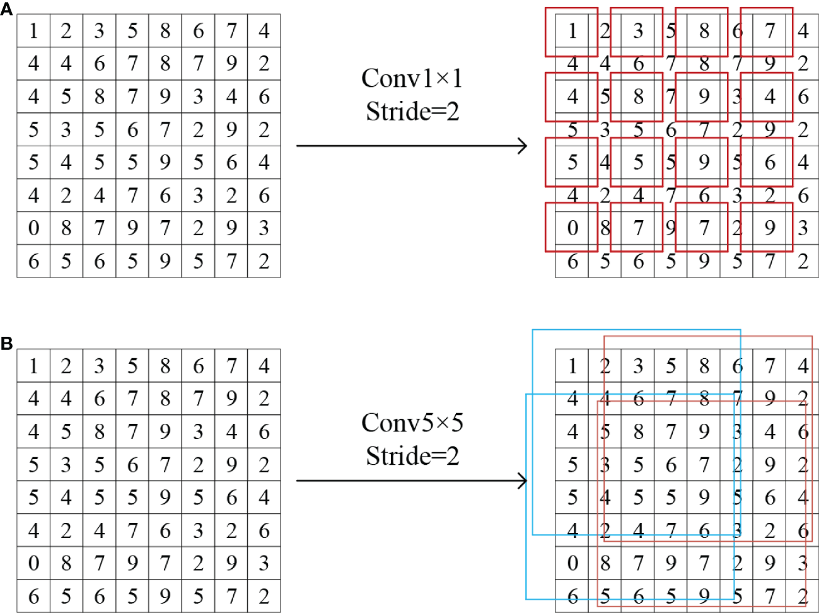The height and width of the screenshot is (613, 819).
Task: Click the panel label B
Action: pyautogui.click(x=6, y=344)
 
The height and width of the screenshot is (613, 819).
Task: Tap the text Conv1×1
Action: pyautogui.click(x=412, y=79)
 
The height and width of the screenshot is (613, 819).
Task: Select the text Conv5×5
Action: pyautogui.click(x=412, y=423)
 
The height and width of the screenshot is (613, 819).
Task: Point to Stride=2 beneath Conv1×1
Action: pyautogui.click(x=412, y=112)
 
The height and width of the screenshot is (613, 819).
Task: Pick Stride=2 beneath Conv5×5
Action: pyautogui.click(x=412, y=455)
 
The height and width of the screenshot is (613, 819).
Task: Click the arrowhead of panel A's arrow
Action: pyautogui.click(x=523, y=146)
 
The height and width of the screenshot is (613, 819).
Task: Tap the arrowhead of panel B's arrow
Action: pyautogui.click(x=523, y=481)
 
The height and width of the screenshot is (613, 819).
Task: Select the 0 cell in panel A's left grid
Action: pyautogui.click(x=33, y=228)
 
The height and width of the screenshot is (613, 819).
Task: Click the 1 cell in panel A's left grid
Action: pyautogui.click(x=33, y=31)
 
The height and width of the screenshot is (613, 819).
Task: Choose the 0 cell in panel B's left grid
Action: pyautogui.click(x=33, y=563)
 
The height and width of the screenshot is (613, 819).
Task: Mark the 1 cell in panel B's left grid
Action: pyautogui.click(x=33, y=366)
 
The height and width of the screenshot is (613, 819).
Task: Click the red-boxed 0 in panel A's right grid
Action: pyautogui.click(x=572, y=228)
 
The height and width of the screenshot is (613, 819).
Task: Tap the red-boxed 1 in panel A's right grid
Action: pyautogui.click(x=572, y=31)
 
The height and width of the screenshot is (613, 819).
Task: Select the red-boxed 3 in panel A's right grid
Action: pyautogui.click(x=638, y=31)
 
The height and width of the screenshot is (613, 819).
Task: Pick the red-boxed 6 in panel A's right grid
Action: pyautogui.click(x=770, y=162)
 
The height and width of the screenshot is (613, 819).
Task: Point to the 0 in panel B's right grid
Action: pyautogui.click(x=572, y=563)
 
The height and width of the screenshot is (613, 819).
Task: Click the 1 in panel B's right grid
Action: pyautogui.click(x=572, y=366)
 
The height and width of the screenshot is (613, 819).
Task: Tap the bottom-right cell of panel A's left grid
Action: pyautogui.click(x=264, y=261)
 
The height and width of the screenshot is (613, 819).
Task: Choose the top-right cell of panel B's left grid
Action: pyautogui.click(x=264, y=366)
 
